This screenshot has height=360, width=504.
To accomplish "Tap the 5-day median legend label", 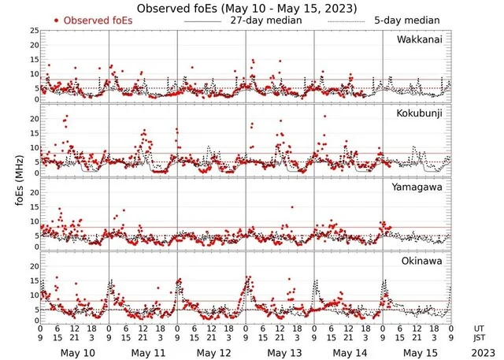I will pyautogui.click(x=406, y=20).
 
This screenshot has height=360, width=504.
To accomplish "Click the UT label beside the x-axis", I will pyautogui.click(x=479, y=328).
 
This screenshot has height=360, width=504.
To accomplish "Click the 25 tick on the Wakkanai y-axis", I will pyautogui.click(x=34, y=30).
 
